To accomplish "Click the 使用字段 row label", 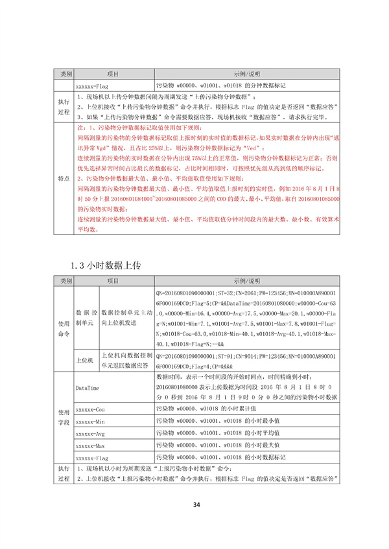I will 63,417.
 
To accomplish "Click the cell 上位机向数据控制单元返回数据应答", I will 127,360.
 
